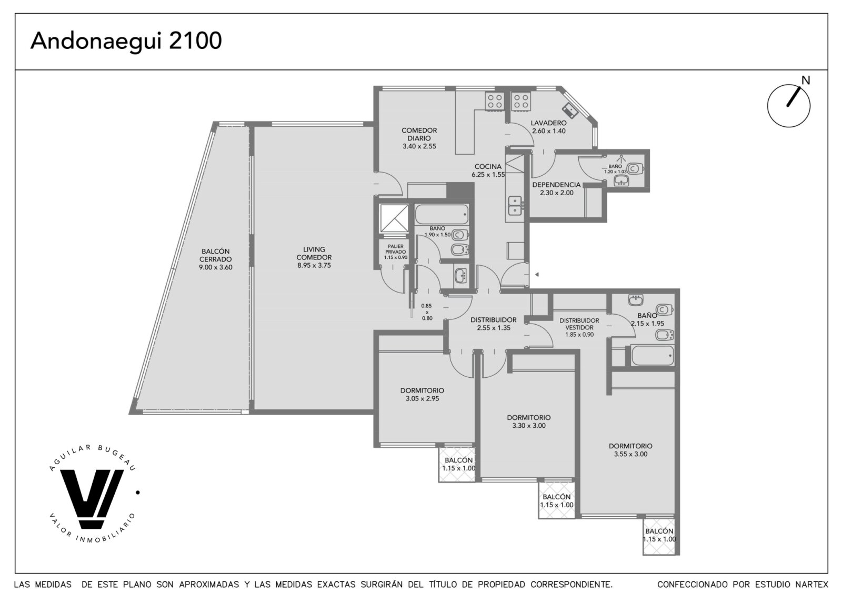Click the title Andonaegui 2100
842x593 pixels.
click(126, 42)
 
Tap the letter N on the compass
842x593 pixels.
click(806, 81)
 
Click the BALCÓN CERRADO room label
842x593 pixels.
click(215, 255)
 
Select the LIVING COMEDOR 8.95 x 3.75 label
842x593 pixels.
click(314, 257)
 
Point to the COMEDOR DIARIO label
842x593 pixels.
click(419, 134)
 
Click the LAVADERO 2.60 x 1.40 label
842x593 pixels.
click(548, 127)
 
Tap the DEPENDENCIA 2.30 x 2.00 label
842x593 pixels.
click(557, 189)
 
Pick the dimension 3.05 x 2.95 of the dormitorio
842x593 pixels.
click(422, 399)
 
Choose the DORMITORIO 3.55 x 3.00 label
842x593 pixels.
click(630, 450)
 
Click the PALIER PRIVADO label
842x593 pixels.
click(395, 249)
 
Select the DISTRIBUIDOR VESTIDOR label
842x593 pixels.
click(579, 324)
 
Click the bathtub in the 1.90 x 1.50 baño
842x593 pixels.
click(442, 214)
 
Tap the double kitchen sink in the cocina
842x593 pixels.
click(515, 206)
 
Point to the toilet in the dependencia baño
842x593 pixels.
click(635, 169)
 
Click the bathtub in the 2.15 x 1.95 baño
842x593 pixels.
click(653, 356)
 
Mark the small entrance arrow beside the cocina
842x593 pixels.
click(537, 275)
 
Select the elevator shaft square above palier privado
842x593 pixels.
click(394, 218)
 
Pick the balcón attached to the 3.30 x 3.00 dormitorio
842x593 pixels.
click(557, 500)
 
